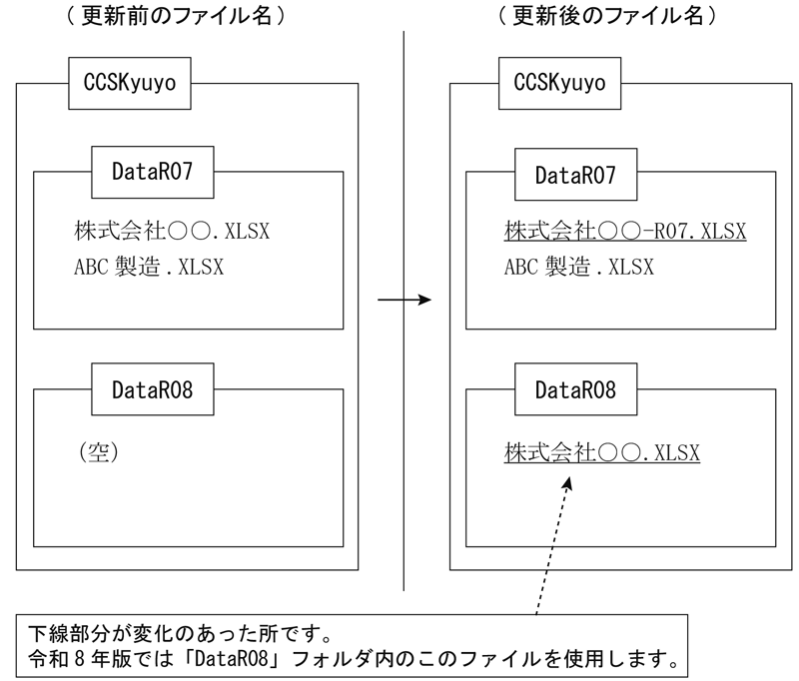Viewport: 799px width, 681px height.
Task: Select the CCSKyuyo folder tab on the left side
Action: click(129, 83)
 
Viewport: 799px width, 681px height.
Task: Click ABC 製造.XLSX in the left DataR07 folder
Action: click(149, 267)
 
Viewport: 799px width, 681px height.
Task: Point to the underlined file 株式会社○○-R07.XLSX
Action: click(625, 232)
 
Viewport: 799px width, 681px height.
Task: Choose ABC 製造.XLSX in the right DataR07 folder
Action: click(579, 267)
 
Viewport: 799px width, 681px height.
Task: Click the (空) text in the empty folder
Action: click(98, 451)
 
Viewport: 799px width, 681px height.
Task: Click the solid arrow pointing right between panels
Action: click(403, 300)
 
